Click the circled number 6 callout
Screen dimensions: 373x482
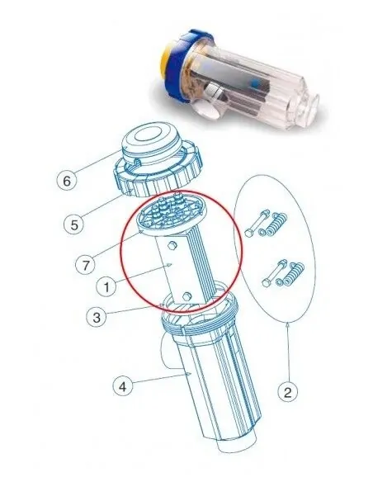tap(67, 181)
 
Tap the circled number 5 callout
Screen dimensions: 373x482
tap(74, 224)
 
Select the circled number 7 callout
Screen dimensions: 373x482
tap(85, 265)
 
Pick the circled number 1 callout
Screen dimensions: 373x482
tap(106, 287)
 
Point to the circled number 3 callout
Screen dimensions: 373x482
tap(97, 317)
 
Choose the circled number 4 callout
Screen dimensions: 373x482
tap(123, 386)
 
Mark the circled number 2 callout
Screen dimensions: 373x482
tap(287, 392)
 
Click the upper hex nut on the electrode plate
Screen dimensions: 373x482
tap(172, 245)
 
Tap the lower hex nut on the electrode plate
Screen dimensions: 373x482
tap(186, 296)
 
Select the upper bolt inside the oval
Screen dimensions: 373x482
tap(257, 223)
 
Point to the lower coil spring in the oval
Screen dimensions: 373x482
tap(295, 273)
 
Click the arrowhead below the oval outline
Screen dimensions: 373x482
tap(287, 324)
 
